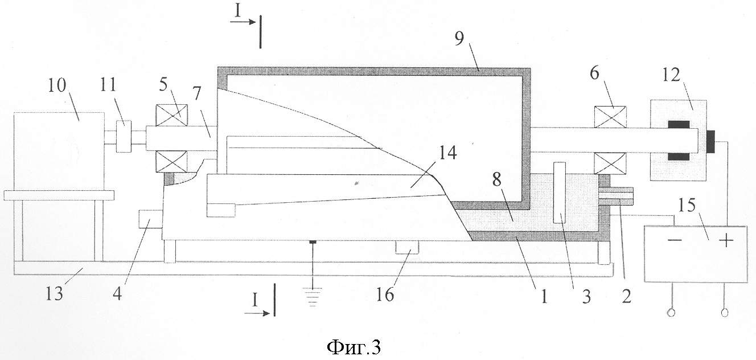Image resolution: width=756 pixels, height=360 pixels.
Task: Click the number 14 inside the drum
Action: pos(447,154)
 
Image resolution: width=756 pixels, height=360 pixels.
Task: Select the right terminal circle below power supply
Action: pos(725,313)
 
